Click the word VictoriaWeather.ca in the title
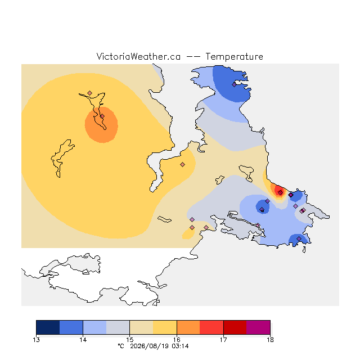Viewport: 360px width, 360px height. pyautogui.click(x=138, y=56)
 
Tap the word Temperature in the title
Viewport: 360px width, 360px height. pyautogui.click(x=234, y=56)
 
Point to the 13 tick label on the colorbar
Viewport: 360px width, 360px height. pyautogui.click(x=36, y=340)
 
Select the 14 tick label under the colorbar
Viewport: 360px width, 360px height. pyautogui.click(x=83, y=340)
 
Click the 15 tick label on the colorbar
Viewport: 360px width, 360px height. pyautogui.click(x=130, y=340)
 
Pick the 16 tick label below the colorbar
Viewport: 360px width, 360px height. pyautogui.click(x=177, y=340)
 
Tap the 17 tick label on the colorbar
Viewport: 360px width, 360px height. pyautogui.click(x=223, y=340)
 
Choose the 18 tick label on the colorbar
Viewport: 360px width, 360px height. pyautogui.click(x=270, y=340)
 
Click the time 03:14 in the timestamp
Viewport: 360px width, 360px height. pyautogui.click(x=180, y=346)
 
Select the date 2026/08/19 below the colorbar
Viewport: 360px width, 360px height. pyautogui.click(x=150, y=346)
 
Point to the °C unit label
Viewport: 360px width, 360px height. pyautogui.click(x=121, y=346)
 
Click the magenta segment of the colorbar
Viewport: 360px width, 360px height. pyautogui.click(x=258, y=327)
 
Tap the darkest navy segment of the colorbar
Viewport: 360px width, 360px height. pyautogui.click(x=48, y=327)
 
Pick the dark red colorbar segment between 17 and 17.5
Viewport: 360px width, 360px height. pyautogui.click(x=235, y=327)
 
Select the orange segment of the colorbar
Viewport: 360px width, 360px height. pyautogui.click(x=188, y=327)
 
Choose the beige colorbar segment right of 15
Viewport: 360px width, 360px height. pyautogui.click(x=141, y=327)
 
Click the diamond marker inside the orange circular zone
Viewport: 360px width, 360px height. pyautogui.click(x=102, y=116)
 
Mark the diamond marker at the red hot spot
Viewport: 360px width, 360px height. pyautogui.click(x=280, y=192)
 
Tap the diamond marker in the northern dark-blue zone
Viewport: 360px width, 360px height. pyautogui.click(x=234, y=85)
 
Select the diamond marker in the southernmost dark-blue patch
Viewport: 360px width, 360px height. pyautogui.click(x=299, y=238)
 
